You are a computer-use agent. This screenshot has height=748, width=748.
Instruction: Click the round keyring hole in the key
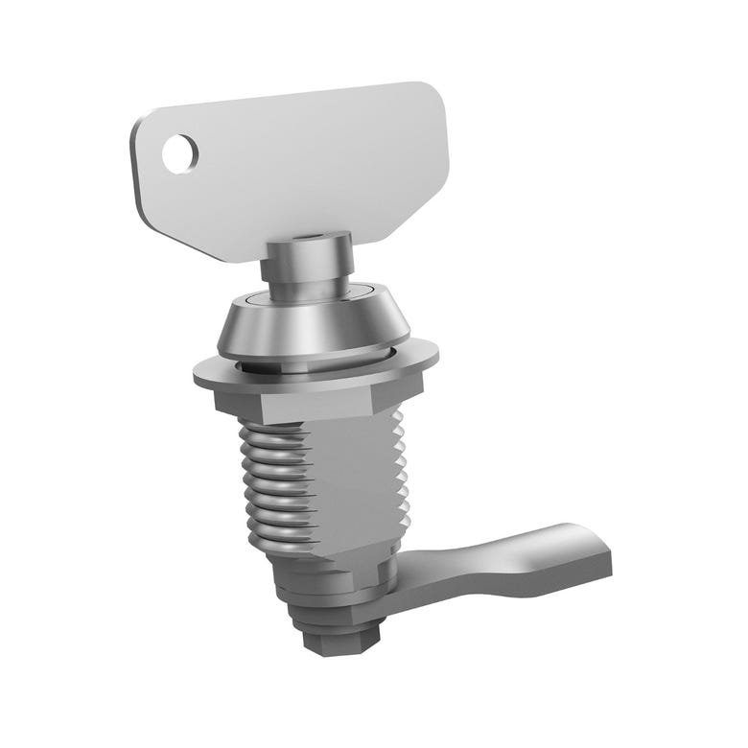(179, 153)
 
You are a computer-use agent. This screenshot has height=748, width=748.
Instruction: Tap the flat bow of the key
(307, 163)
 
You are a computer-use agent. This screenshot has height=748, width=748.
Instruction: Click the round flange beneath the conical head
(316, 369)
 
